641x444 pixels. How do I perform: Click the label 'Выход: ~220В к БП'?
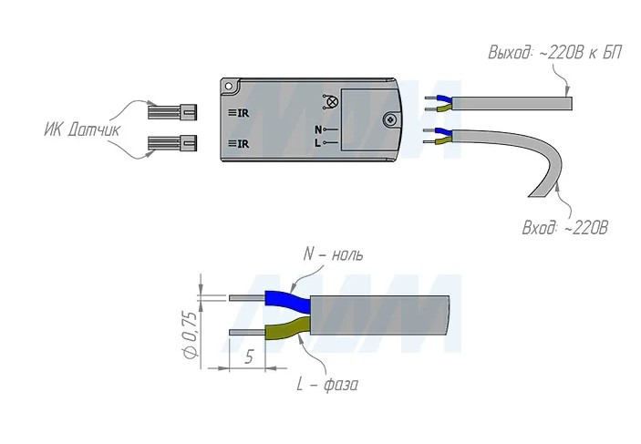pyautogui.click(x=554, y=54)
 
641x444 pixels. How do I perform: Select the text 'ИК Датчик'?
pyautogui.click(x=81, y=129)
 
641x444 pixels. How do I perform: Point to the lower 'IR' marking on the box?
pyautogui.click(x=239, y=143)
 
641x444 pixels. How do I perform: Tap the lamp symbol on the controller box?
pyautogui.click(x=331, y=102)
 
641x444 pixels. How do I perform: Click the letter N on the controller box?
pyautogui.click(x=317, y=129)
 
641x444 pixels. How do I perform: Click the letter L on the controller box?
pyautogui.click(x=317, y=143)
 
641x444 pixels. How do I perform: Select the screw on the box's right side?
pyautogui.click(x=391, y=119)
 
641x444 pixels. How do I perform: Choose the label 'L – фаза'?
pyautogui.click(x=327, y=385)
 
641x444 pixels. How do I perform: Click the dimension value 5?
pyautogui.click(x=248, y=357)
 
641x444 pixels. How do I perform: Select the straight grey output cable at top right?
pyautogui.click(x=511, y=100)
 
